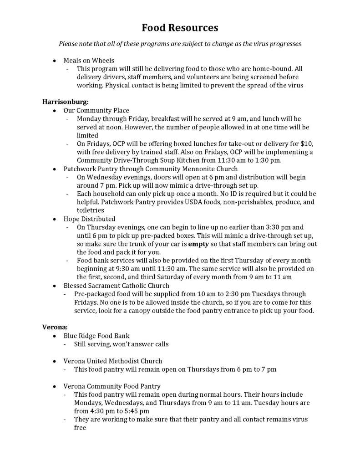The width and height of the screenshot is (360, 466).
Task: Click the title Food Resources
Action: point(180,28)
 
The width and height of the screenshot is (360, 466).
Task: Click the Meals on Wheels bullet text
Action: point(89,60)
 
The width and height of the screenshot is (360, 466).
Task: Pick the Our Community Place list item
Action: point(96,110)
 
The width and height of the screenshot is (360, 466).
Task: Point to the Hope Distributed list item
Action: point(89,219)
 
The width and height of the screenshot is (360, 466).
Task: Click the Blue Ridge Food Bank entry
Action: point(96,336)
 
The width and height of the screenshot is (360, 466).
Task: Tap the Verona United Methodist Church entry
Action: point(112,361)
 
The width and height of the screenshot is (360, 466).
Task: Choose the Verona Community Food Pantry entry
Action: point(112,386)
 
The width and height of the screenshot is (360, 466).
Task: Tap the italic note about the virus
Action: point(180,44)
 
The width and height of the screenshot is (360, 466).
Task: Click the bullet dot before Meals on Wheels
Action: point(55,61)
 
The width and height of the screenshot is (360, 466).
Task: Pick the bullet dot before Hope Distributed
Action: point(55,219)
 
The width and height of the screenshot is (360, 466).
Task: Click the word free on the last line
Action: point(80,428)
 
